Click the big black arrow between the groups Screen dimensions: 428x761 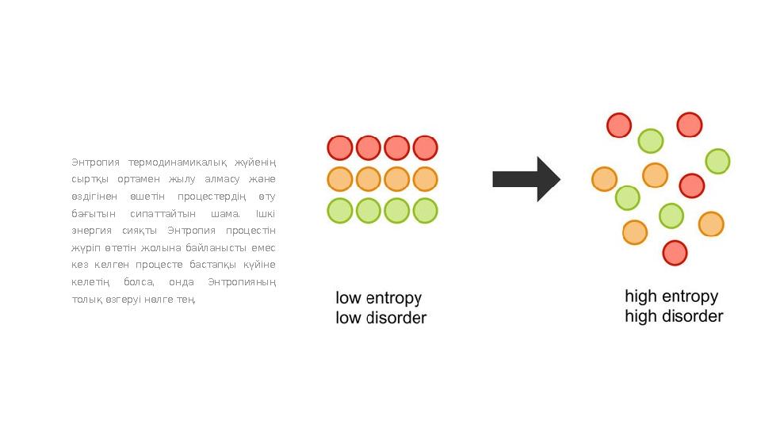pos(526,179)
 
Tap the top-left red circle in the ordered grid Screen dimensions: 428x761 pos(340,147)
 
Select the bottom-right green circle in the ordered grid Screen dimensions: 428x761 pos(425,211)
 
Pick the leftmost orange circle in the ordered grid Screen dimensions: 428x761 pos(340,179)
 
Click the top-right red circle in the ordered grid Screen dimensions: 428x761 pos(425,147)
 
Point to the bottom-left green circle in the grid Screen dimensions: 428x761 pos(340,211)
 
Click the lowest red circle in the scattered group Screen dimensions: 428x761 pos(675,253)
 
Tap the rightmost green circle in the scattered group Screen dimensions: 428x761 pos(717,161)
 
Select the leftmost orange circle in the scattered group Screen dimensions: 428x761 pos(605,179)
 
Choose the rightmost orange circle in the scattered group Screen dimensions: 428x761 pos(711,224)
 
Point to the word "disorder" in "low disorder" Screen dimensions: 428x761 pos(396,318)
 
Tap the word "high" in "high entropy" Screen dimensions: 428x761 pos(641,296)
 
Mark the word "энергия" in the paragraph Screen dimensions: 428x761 pos(92,231)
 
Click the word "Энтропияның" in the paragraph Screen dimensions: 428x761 pos(242,282)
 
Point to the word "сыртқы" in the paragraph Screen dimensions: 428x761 pos(89,180)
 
